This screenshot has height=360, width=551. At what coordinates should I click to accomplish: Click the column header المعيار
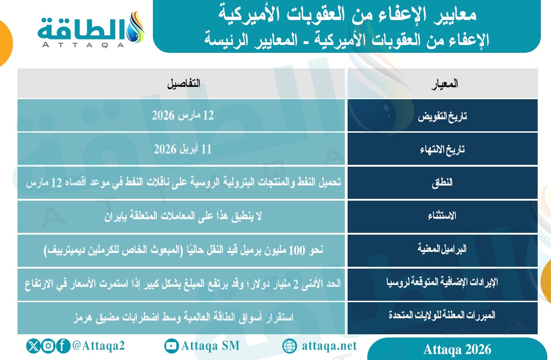point(443,84)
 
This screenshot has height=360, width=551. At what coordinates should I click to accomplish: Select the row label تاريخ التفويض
point(443,116)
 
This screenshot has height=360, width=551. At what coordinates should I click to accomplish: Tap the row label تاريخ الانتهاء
point(443,149)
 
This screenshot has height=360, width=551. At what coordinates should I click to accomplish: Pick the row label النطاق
point(443,182)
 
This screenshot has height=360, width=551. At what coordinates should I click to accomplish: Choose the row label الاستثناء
point(443,216)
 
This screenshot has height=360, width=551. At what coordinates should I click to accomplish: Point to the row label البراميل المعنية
point(443,250)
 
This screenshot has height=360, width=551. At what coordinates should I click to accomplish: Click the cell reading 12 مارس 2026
point(183,116)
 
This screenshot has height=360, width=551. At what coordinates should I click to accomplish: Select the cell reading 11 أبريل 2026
point(183,149)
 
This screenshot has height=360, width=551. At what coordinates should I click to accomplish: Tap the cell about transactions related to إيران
point(183,216)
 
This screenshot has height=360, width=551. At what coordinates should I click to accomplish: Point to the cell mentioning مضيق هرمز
point(183,317)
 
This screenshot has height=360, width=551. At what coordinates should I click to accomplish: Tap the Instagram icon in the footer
point(49,346)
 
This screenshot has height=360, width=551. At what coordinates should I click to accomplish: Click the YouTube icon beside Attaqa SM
point(172,346)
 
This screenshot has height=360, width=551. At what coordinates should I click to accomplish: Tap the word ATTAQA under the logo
point(83,45)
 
